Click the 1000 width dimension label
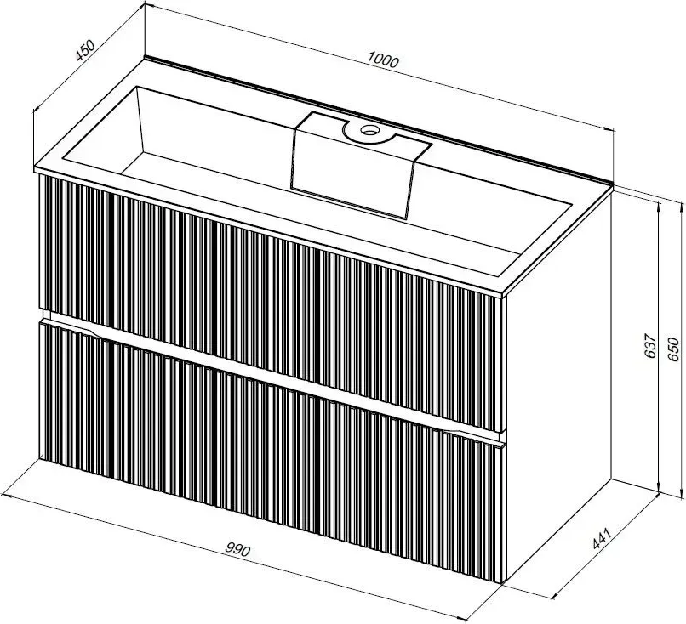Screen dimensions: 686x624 pos(383,60)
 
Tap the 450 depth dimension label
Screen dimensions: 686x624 pos(84,50)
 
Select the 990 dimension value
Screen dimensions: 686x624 pos(238,549)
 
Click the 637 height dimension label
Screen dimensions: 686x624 pos(651,346)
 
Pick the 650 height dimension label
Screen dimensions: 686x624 pos(673,349)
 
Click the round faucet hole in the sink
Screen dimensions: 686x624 pos(369,129)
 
